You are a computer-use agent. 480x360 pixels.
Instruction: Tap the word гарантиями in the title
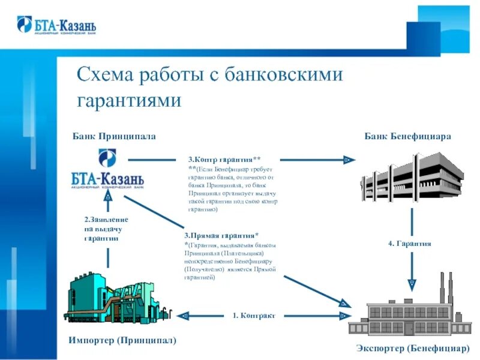click(129, 100)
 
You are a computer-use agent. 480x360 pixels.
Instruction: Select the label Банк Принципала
click(114, 136)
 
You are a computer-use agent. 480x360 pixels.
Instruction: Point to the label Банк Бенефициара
click(407, 136)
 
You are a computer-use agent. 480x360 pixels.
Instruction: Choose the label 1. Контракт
click(254, 315)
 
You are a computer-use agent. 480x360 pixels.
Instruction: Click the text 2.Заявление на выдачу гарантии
click(106, 229)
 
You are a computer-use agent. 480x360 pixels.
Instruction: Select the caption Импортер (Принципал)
click(122, 340)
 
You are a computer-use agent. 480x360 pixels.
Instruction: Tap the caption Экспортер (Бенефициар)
click(412, 348)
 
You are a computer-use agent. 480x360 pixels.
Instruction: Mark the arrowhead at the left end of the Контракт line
click(185, 315)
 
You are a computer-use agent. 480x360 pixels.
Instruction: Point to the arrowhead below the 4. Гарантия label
click(412, 281)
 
